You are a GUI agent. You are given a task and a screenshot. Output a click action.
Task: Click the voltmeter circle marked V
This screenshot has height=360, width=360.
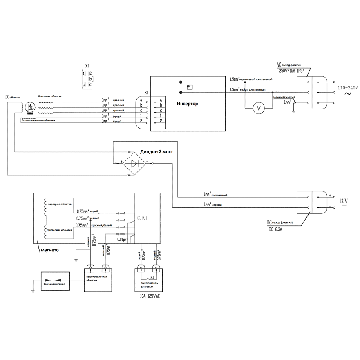tap(257, 109)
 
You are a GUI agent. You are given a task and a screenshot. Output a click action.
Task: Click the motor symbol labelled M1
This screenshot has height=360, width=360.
tap(29, 107)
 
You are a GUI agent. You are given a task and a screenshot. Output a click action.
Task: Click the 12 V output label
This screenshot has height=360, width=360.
tap(344, 201)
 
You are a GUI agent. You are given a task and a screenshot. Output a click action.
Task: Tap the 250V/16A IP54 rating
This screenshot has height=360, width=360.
tap(291, 71)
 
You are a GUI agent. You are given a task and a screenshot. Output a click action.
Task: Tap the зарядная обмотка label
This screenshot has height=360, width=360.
tap(60, 204)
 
